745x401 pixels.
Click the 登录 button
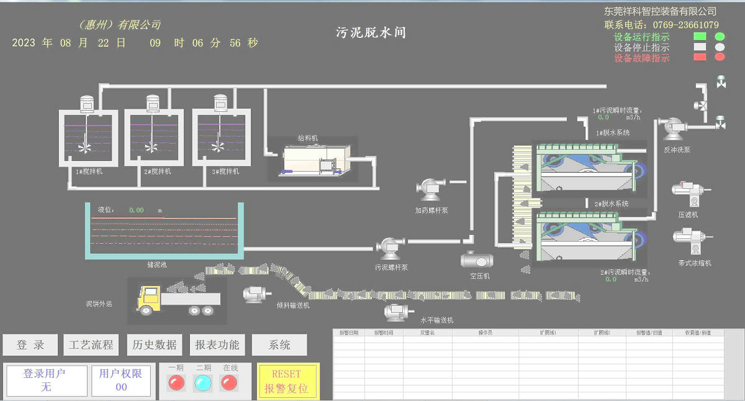(x=30, y=345)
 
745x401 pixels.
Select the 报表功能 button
(x=217, y=345)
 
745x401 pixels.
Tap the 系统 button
(x=279, y=345)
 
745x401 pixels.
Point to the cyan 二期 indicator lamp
(x=203, y=383)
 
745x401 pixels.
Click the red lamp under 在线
(x=229, y=383)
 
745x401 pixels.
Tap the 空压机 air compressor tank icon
(x=477, y=259)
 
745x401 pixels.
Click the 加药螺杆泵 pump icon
(x=430, y=188)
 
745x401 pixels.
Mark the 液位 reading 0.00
(x=137, y=210)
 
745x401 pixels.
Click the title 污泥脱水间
(x=371, y=32)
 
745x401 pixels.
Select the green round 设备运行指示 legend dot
(x=720, y=37)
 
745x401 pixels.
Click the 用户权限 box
(x=121, y=380)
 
